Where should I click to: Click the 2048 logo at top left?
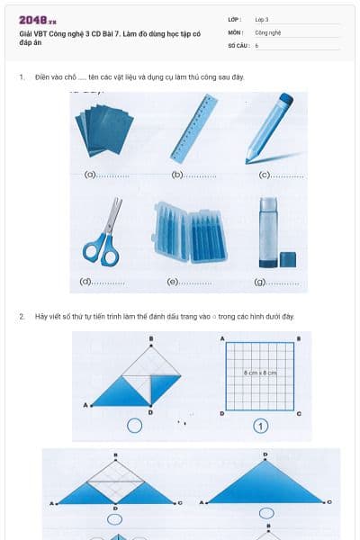[38, 19]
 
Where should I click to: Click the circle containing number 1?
[261, 426]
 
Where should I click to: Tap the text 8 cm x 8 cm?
[260, 372]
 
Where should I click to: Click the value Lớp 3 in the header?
[262, 19]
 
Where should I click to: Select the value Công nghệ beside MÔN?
[268, 31]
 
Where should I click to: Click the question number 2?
[22, 317]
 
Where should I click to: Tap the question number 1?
[22, 77]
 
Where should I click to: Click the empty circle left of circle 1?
[134, 426]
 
